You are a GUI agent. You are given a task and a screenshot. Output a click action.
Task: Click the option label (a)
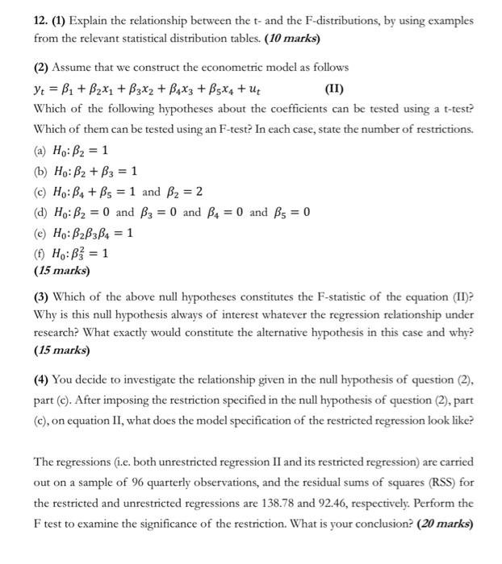(41, 151)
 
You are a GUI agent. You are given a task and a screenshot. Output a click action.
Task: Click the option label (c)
(41, 192)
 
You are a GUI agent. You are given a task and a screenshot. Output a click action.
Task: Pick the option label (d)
(41, 213)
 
